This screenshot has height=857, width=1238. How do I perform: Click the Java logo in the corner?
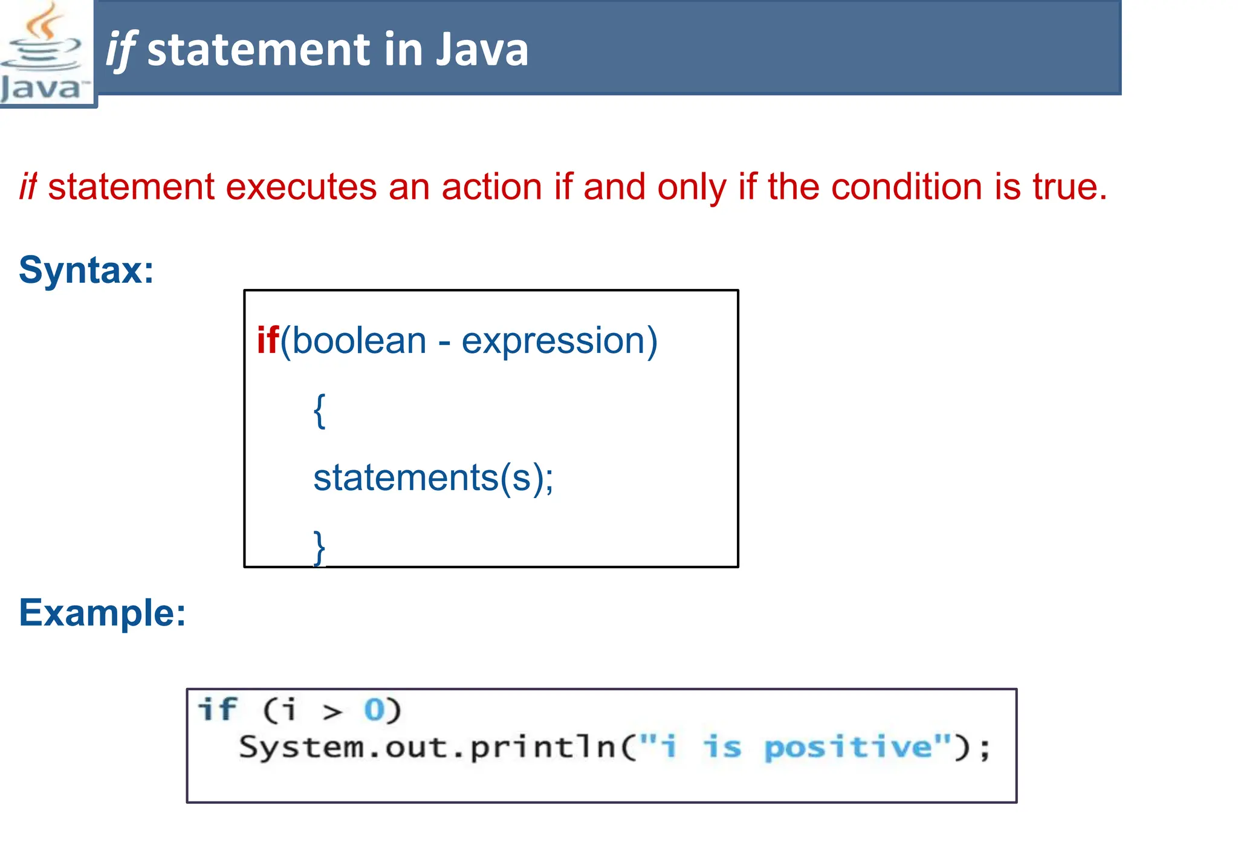[x=44, y=53]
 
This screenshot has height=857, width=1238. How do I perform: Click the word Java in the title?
[x=482, y=50]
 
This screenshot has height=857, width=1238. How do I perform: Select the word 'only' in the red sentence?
[x=692, y=188]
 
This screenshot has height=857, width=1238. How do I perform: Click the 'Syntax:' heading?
[x=86, y=270]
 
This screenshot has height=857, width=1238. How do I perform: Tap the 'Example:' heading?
[x=102, y=613]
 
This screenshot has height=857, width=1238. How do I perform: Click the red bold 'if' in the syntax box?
[x=268, y=340]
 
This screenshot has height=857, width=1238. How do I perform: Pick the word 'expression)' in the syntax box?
[x=559, y=341]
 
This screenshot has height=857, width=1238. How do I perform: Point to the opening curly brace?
[x=320, y=411]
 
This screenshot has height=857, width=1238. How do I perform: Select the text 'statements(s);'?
[x=433, y=478]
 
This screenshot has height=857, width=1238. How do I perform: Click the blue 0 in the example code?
[x=374, y=710]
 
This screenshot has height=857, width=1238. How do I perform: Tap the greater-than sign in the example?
[x=332, y=712]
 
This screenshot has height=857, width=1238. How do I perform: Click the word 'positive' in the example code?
[x=847, y=748]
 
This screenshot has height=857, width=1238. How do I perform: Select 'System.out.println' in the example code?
[x=427, y=748]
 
